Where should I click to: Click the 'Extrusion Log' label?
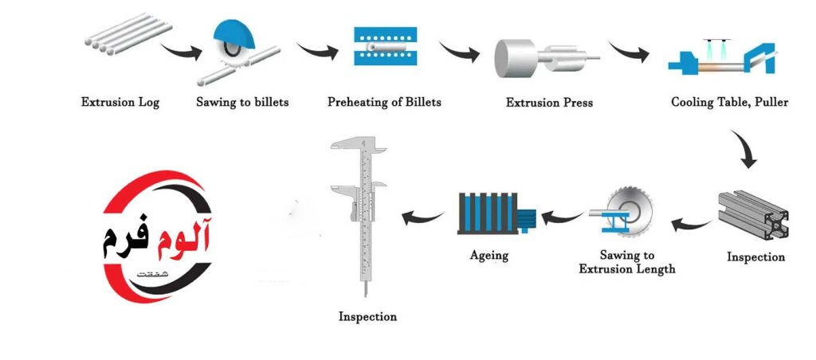click(x=120, y=102)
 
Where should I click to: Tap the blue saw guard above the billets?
click(x=234, y=33)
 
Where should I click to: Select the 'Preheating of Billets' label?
click(x=384, y=102)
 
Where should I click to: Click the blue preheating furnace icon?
click(x=386, y=46)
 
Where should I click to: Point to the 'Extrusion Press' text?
click(x=549, y=103)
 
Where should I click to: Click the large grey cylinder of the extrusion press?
click(x=516, y=58)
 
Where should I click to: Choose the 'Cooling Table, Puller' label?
click(x=730, y=102)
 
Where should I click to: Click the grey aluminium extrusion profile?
click(x=753, y=215)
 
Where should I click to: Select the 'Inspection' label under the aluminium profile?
click(x=755, y=257)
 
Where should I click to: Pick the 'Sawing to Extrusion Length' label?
click(x=627, y=262)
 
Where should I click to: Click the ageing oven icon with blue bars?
click(x=496, y=213)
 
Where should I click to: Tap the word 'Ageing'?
click(x=488, y=256)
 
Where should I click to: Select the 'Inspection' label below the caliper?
click(x=367, y=316)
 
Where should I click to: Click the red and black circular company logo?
click(x=157, y=237)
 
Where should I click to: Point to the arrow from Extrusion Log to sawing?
click(x=182, y=51)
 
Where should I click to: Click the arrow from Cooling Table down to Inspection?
click(x=746, y=149)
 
